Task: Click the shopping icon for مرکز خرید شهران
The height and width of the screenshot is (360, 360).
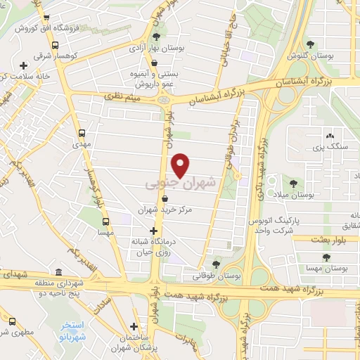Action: coord(165,199)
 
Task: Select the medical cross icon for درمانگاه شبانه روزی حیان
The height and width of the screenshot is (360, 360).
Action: coord(154,231)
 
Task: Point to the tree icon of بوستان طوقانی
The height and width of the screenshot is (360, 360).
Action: coord(216,265)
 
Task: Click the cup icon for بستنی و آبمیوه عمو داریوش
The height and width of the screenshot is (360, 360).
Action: coord(154,63)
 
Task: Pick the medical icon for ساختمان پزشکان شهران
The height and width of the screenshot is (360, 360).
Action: coord(134,326)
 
